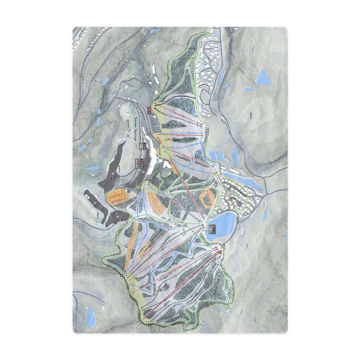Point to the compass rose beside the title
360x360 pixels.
coord(128,135)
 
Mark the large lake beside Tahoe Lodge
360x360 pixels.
coord(220,226)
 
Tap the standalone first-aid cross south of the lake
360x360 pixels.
coord(220,252)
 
